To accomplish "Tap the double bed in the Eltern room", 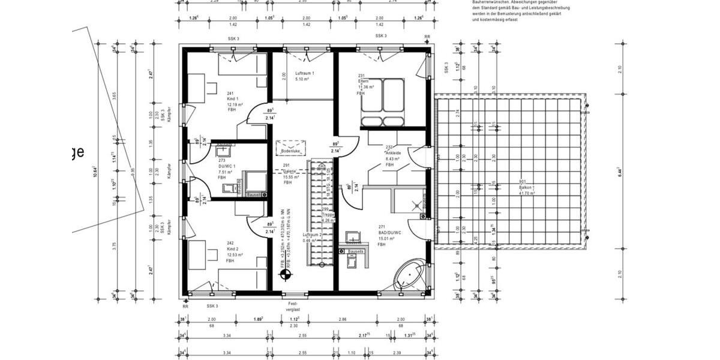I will pyautogui.click(x=382, y=111).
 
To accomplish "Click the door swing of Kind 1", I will pyautogui.click(x=259, y=114).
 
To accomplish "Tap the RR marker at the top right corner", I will pyautogui.click(x=427, y=37).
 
